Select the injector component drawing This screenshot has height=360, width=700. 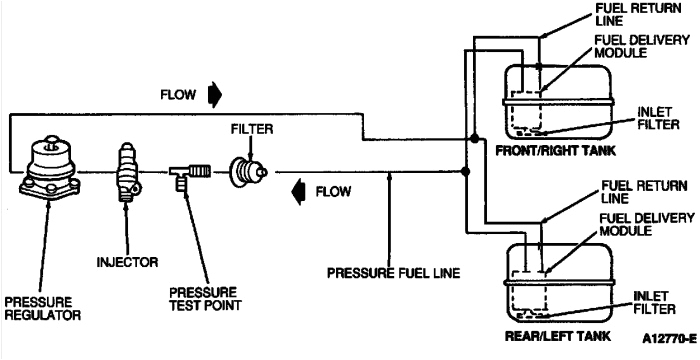[127, 171]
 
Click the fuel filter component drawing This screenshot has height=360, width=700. [248, 171]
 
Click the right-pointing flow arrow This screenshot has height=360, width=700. [216, 96]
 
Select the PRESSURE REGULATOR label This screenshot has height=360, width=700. [40, 308]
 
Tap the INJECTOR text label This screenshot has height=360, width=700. [128, 262]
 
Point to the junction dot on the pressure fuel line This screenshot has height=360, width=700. [467, 171]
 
